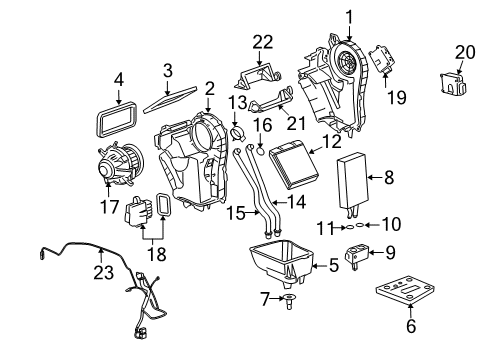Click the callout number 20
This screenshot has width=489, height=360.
(464, 52)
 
